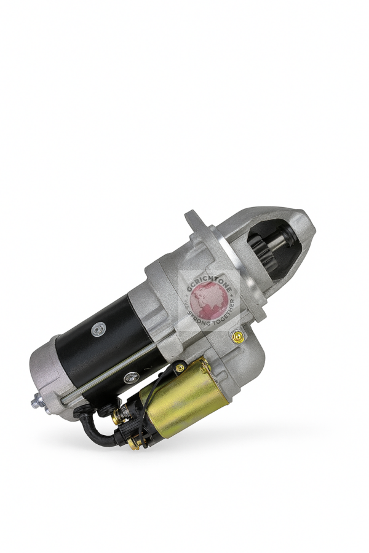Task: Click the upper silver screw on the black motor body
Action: pos(97,331)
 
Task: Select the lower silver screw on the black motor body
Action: pos(130,378)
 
